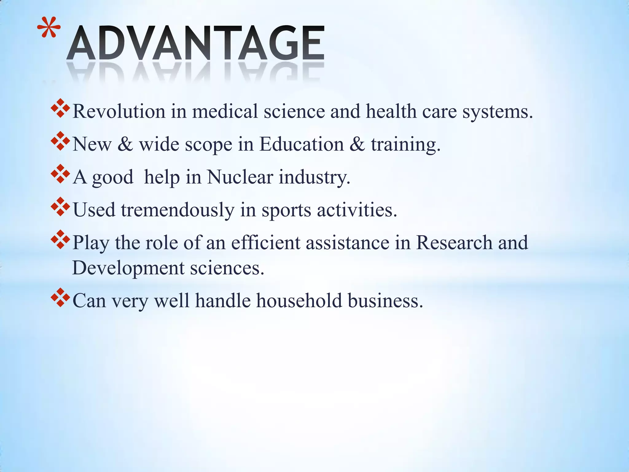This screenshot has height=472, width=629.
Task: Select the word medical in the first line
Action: tap(225, 111)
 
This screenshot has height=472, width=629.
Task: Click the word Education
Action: tap(302, 144)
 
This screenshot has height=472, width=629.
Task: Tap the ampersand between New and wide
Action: tap(125, 144)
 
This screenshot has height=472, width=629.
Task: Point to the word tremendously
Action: tap(178, 210)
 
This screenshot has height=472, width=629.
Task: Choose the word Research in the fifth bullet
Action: tap(454, 243)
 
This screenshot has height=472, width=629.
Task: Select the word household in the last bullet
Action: tap(299, 301)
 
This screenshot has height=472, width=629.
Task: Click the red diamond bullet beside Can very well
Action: tap(60, 297)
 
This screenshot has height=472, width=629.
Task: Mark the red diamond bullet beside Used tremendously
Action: tap(60, 207)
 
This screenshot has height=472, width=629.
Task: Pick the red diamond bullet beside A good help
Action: tap(60, 174)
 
